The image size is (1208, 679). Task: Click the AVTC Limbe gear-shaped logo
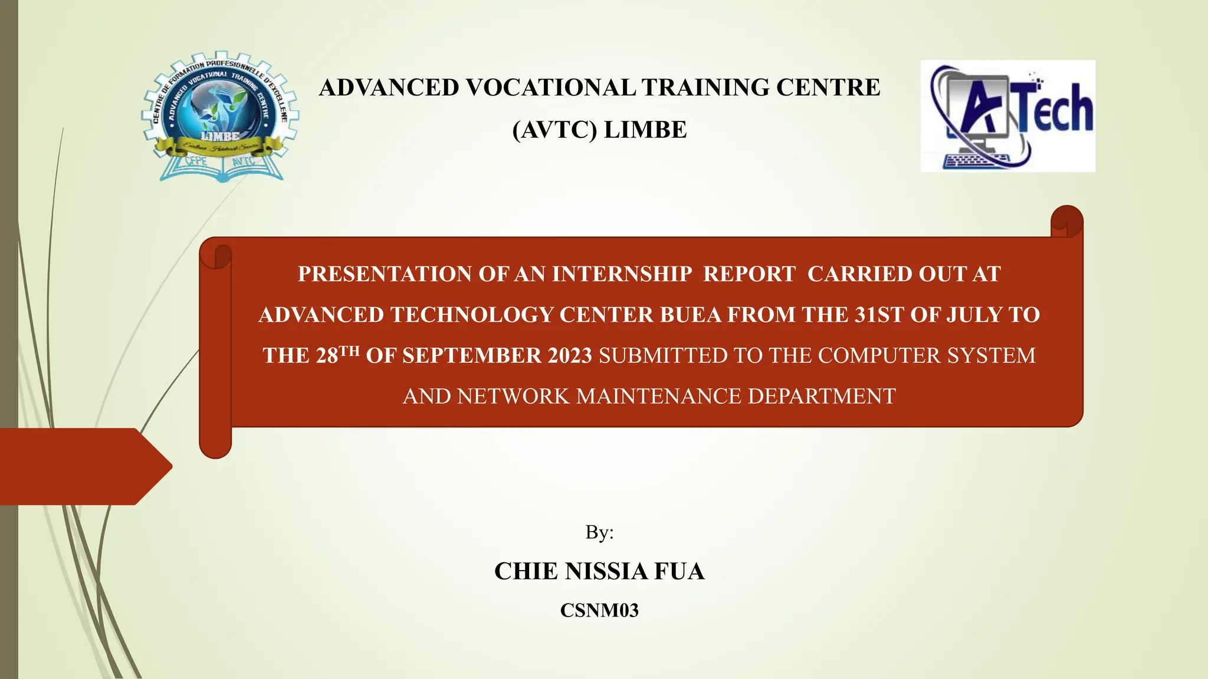219,116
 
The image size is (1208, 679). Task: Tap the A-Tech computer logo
1007,116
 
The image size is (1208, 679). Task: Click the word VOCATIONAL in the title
550,88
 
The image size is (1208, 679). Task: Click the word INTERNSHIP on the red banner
622,275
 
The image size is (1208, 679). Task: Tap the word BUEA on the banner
690,315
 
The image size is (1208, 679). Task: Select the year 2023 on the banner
569,356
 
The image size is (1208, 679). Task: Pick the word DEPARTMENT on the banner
822,397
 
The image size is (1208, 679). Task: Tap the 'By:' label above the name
599,532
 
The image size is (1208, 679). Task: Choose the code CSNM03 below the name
599,611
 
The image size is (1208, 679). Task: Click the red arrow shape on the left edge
83,466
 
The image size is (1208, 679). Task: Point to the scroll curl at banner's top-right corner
1066,222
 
